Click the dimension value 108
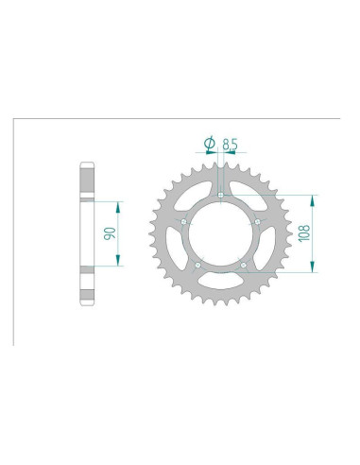(x=305, y=233)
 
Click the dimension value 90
(x=111, y=233)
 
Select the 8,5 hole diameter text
(x=230, y=144)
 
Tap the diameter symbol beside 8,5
(x=210, y=144)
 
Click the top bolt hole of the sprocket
(x=221, y=195)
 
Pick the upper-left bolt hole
(x=184, y=222)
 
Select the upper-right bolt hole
(x=258, y=222)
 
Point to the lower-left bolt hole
(x=197, y=266)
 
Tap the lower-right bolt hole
(x=244, y=266)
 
